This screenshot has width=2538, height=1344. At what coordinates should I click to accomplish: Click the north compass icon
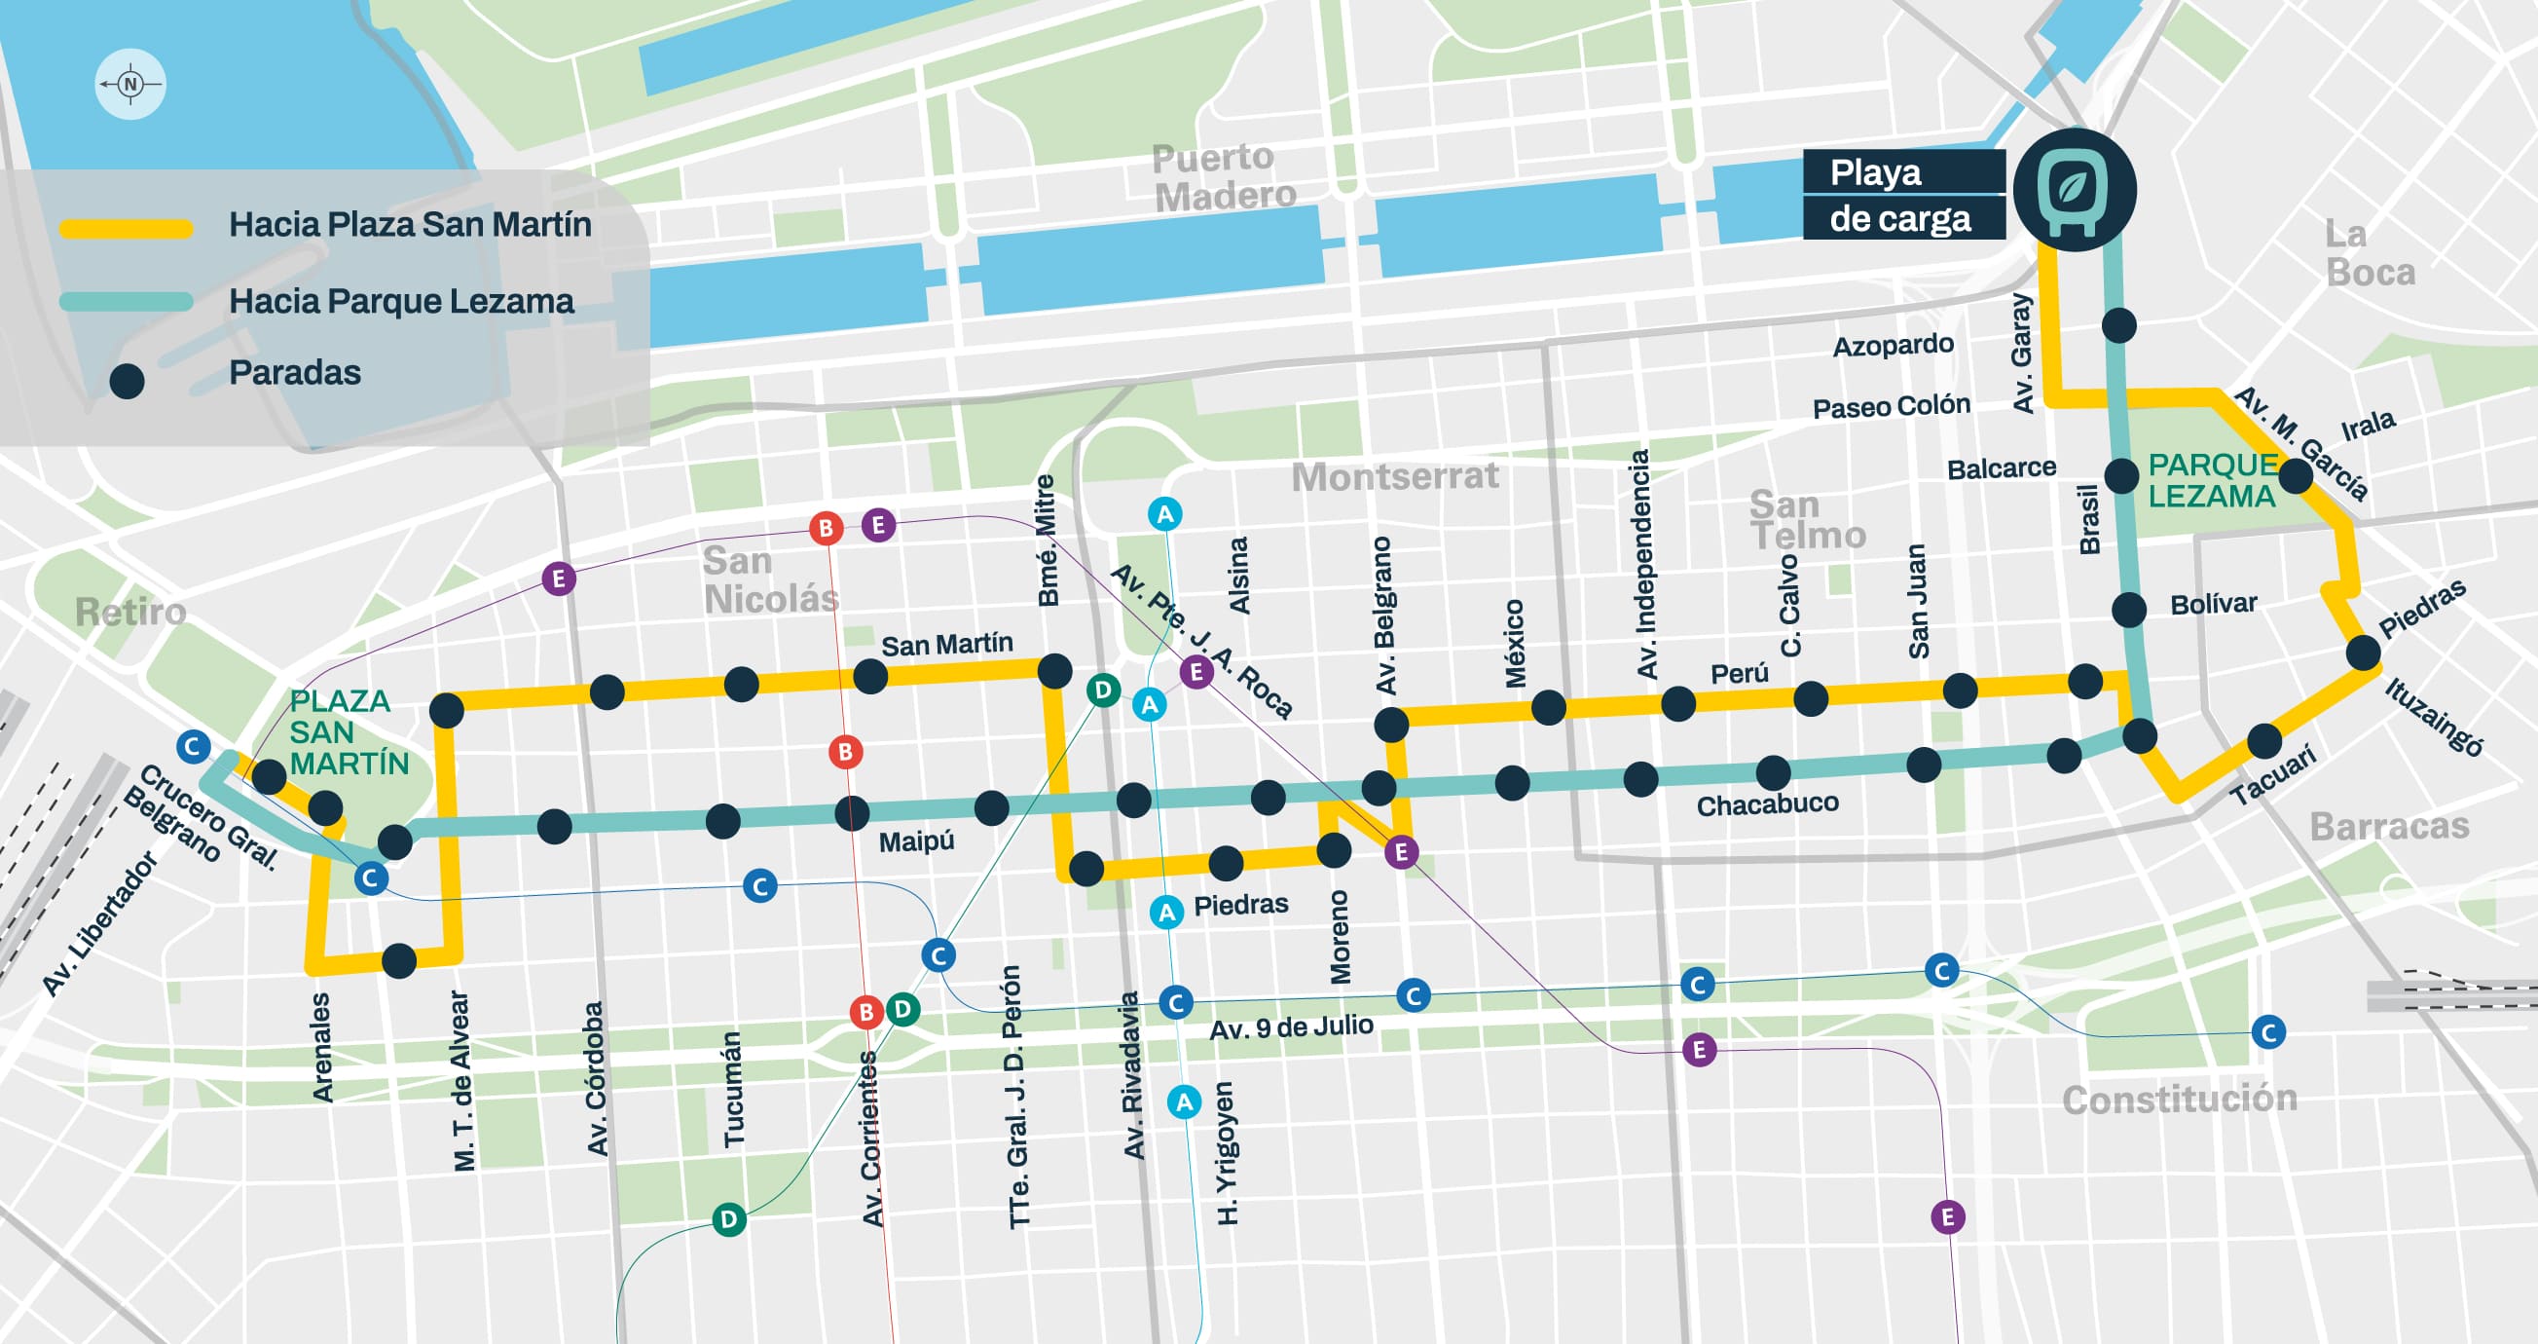coord(130,84)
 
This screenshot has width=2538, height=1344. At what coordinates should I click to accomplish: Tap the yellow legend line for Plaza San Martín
coord(126,229)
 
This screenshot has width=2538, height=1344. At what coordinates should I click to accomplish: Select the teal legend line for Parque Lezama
coord(126,303)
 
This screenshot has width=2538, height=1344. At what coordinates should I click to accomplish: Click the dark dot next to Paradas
coord(128,382)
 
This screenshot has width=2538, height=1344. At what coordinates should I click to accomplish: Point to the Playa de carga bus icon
coord(2074,189)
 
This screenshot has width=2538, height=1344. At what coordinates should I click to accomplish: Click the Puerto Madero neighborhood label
coord(1224,177)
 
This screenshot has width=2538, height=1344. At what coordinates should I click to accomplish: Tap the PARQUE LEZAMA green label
coord(2212,480)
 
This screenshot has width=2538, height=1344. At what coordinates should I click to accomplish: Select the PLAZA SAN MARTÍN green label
coord(349,732)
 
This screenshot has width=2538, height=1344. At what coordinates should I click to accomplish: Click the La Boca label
coord(2370,253)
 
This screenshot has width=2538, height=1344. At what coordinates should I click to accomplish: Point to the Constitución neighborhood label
coord(2180,1099)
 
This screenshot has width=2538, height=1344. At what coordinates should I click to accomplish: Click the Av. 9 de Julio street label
coord(1291,1027)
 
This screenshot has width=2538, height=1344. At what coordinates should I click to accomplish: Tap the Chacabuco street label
coord(1767,804)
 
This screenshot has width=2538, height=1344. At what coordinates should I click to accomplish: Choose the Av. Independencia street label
coord(1642,564)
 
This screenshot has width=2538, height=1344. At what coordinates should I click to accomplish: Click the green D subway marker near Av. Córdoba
coord(728,1219)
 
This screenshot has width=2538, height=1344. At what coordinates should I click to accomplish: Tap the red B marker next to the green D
coord(866,1012)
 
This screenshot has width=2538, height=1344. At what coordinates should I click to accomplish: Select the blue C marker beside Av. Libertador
coord(193,746)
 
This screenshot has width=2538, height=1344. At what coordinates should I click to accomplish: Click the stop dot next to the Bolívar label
coord(2128,610)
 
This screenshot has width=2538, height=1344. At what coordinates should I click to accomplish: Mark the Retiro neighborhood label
coord(131,612)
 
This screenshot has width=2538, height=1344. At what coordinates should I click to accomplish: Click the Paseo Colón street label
coord(1891,406)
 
